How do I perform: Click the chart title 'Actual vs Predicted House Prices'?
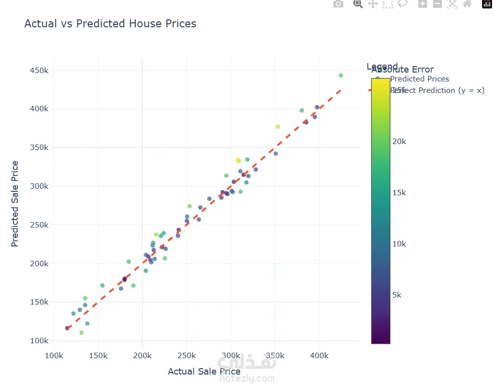[110, 24]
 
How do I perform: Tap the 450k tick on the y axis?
[39, 71]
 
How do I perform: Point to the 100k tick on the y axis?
[39, 341]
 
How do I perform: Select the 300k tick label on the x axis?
[231, 356]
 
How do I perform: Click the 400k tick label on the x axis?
[319, 356]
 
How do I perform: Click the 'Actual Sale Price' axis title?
[204, 372]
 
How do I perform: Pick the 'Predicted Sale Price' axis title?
[15, 204]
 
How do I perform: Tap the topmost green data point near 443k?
[341, 76]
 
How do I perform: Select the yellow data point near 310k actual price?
[238, 160]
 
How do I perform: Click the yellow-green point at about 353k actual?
[278, 127]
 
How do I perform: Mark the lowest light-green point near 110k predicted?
[81, 333]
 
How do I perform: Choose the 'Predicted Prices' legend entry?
[420, 79]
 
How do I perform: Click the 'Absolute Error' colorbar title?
[402, 70]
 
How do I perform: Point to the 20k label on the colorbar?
[399, 142]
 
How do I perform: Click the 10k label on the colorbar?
[399, 244]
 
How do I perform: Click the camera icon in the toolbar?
[338, 4]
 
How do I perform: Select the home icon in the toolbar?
[467, 4]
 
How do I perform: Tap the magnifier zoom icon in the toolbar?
[358, 4]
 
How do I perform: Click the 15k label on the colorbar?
[399, 193]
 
